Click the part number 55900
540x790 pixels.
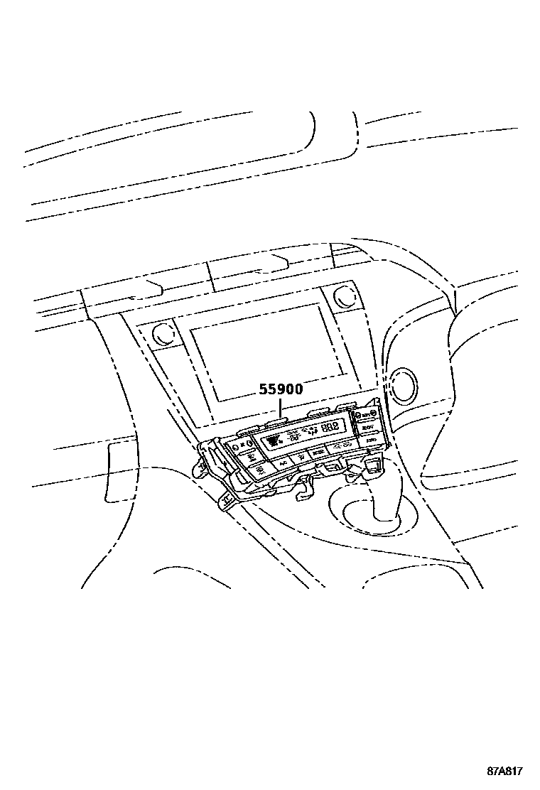point(280,390)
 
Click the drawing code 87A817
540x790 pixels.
point(505,772)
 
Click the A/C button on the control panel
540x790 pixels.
point(283,462)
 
